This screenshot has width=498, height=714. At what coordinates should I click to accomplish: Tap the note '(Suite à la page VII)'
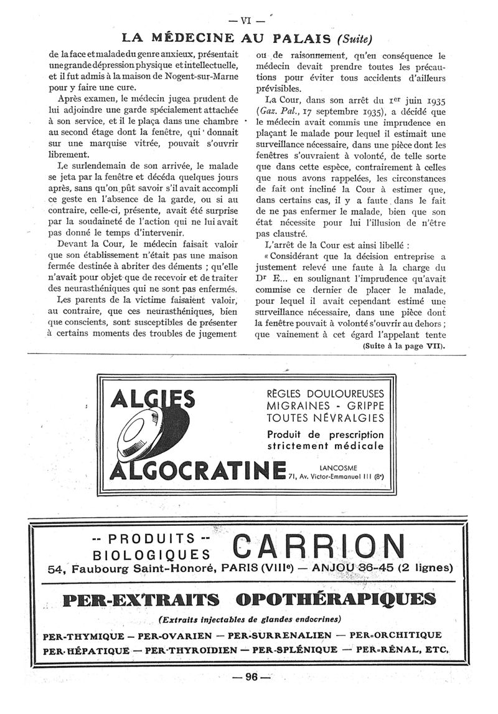click(x=405, y=346)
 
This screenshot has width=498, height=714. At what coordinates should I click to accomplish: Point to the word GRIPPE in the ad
click(x=369, y=406)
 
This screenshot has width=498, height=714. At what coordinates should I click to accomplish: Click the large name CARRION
click(x=318, y=546)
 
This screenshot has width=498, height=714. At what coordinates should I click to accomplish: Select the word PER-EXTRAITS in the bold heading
click(x=142, y=599)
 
